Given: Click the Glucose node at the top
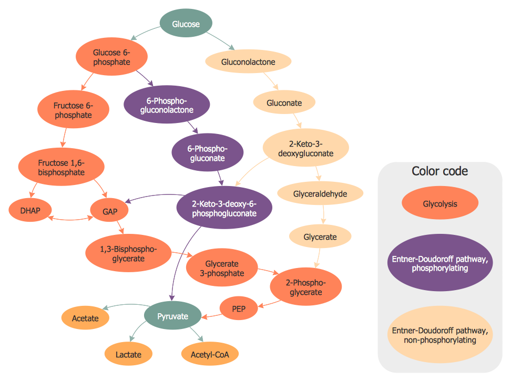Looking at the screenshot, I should pyautogui.click(x=186, y=24).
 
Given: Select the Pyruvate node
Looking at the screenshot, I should pyautogui.click(x=173, y=316).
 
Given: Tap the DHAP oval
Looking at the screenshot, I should pyautogui.click(x=29, y=211).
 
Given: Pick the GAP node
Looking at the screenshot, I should pyautogui.click(x=111, y=212).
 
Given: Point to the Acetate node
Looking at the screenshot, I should pyautogui.click(x=85, y=318).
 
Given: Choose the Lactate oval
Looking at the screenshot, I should pyautogui.click(x=129, y=354).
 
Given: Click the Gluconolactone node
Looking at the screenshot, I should pyautogui.click(x=248, y=62).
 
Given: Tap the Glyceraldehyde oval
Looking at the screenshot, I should pyautogui.click(x=320, y=193).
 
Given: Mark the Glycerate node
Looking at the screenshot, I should pyautogui.click(x=320, y=236).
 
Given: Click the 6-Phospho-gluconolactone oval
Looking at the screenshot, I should pyautogui.click(x=166, y=106).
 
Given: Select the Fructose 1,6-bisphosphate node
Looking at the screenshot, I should pyautogui.click(x=61, y=167).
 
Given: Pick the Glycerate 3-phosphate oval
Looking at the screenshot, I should pyautogui.click(x=222, y=269).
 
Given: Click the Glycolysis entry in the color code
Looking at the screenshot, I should pyautogui.click(x=440, y=204).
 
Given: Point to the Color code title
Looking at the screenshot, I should pyautogui.click(x=440, y=171).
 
